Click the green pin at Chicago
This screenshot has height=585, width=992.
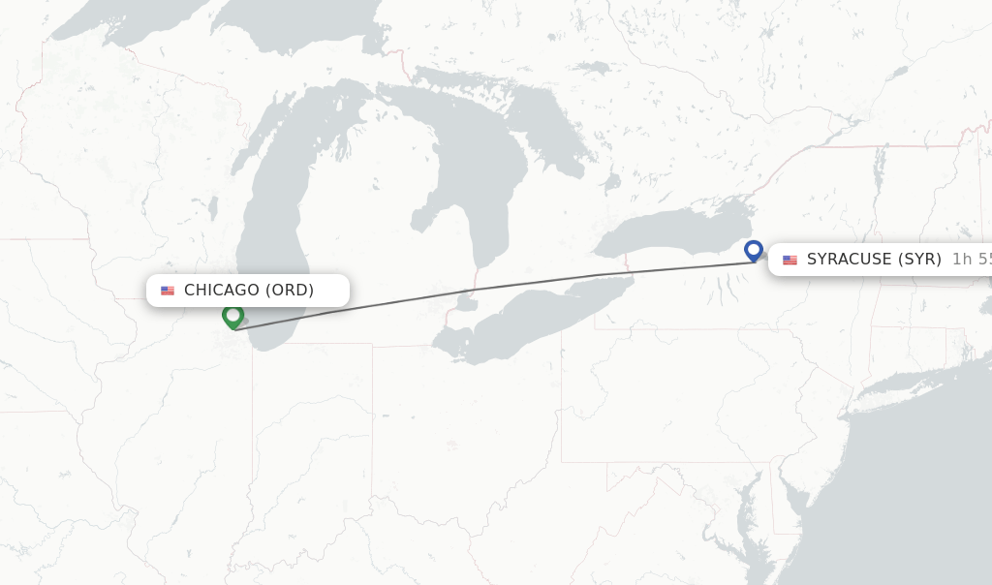(x=232, y=315)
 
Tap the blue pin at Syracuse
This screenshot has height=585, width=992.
(x=754, y=250)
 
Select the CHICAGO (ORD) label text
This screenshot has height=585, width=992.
(x=249, y=291)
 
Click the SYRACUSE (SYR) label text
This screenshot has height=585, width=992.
(x=874, y=260)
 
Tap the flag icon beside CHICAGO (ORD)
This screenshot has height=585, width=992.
(x=168, y=291)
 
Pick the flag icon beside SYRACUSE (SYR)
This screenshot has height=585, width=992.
(x=790, y=260)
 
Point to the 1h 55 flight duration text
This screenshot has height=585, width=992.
(x=972, y=260)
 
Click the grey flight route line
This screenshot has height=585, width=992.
(x=484, y=289)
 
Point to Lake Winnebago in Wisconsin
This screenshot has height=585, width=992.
(x=212, y=207)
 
